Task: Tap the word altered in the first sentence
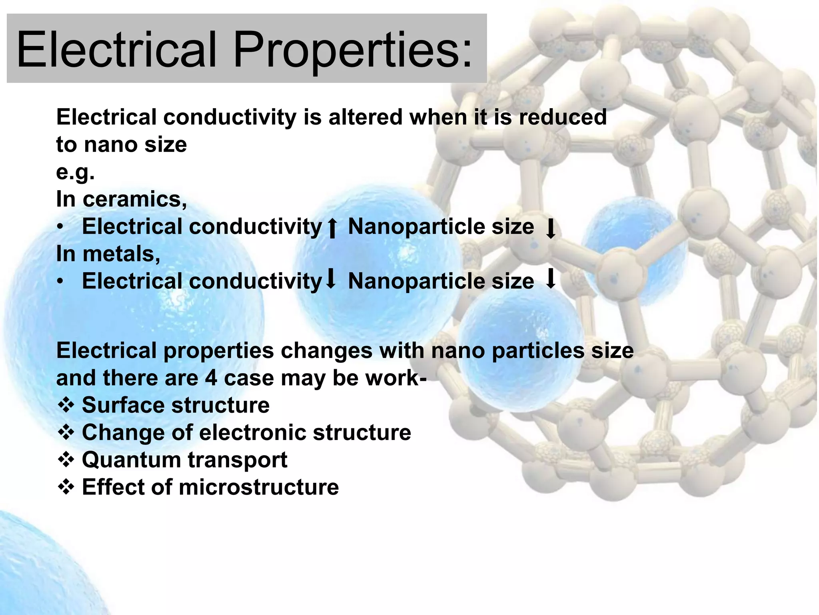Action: (x=365, y=117)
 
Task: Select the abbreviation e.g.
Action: (x=75, y=173)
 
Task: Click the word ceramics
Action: (x=134, y=199)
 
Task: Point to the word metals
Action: (x=121, y=254)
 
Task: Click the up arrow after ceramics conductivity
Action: (x=332, y=228)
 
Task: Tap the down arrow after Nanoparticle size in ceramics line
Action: (x=551, y=229)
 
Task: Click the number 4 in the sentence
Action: (x=211, y=378)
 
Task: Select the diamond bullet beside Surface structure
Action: (x=66, y=405)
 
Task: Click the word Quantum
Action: (x=131, y=460)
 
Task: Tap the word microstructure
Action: (x=258, y=487)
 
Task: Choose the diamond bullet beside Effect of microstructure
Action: (x=66, y=487)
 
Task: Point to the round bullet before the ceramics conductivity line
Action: (x=60, y=227)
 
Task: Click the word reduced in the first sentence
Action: (x=563, y=117)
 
